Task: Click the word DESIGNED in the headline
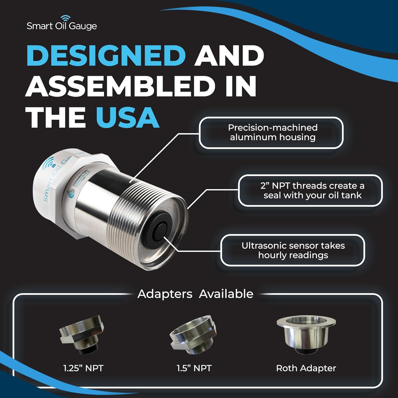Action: (x=106, y=55)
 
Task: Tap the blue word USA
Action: (x=128, y=117)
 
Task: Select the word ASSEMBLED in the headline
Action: (x=120, y=86)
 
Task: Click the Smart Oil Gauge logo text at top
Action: (x=62, y=26)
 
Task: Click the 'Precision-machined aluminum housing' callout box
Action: (x=271, y=133)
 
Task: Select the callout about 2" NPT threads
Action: (x=310, y=191)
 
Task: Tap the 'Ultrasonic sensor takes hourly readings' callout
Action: (x=293, y=250)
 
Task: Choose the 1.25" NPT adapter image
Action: (x=82, y=335)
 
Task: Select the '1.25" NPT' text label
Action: (x=83, y=368)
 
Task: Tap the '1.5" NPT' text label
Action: (x=194, y=368)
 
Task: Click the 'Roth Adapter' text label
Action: (x=306, y=368)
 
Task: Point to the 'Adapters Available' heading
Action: (x=195, y=294)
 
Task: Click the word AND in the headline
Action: (x=229, y=55)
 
